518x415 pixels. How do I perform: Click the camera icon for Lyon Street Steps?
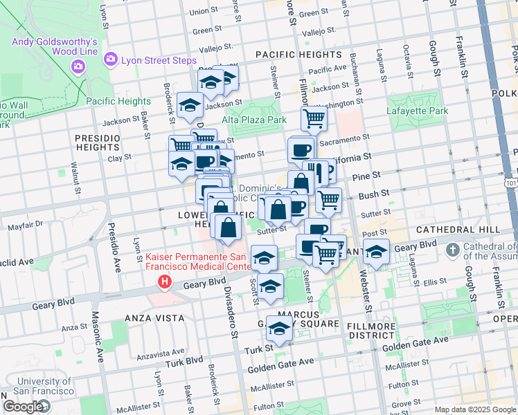click(x=110, y=61)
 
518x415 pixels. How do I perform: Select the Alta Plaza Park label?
click(x=254, y=120)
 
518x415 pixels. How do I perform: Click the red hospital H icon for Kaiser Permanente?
click(x=164, y=282)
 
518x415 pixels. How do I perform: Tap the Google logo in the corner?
click(x=23, y=407)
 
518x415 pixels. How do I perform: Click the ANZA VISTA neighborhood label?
click(x=154, y=318)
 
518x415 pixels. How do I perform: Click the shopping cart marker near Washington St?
click(x=314, y=118)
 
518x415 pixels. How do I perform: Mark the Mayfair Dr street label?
click(x=25, y=224)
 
